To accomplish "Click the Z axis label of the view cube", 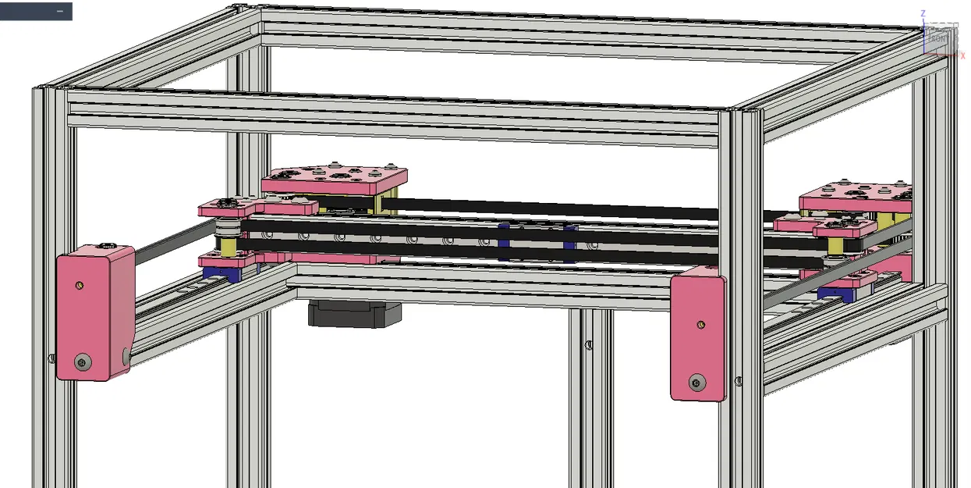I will tap(923, 13).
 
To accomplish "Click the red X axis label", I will tap(962, 55).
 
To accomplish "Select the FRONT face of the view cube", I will tap(940, 38).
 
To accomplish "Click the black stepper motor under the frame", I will tap(355, 313).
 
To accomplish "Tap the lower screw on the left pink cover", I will tap(82, 361).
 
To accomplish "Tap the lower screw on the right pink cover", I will tap(697, 382).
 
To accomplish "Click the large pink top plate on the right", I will tap(856, 195).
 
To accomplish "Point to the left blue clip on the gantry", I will tap(504, 242).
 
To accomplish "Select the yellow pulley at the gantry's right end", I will tap(835, 246).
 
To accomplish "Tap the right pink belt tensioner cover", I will tap(697, 333).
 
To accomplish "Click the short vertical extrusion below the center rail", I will tap(590, 390).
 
